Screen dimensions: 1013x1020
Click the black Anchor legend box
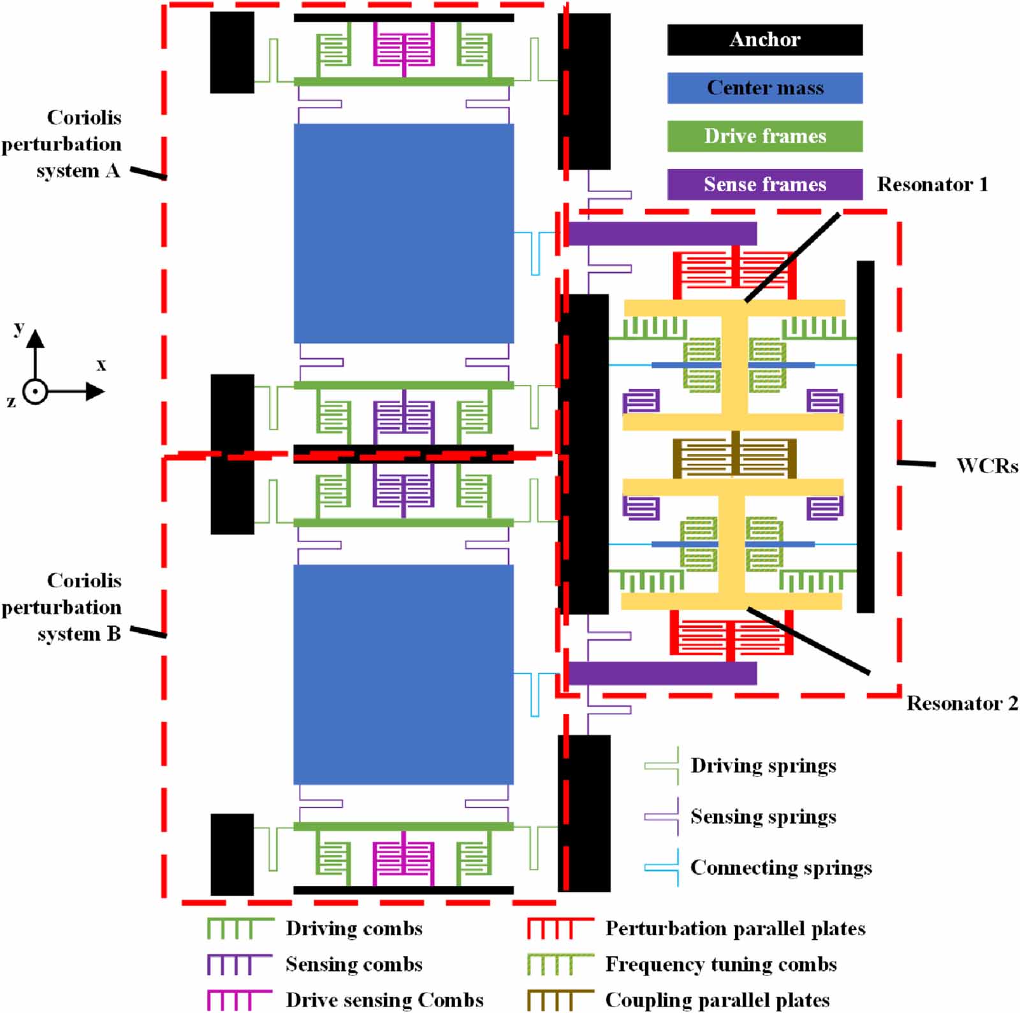(x=764, y=40)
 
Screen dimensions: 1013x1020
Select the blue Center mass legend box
(x=764, y=88)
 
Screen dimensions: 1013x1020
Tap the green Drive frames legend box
(x=764, y=136)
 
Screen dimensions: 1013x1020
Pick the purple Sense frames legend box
(x=764, y=184)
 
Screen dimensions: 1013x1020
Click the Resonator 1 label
(x=932, y=185)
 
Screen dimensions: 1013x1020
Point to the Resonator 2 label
(x=961, y=703)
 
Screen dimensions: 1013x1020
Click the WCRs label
(x=987, y=466)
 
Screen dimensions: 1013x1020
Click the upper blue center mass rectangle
(x=404, y=233)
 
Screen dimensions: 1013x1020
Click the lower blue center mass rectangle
(x=404, y=674)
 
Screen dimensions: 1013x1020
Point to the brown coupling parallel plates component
(x=734, y=458)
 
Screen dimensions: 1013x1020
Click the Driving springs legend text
(x=763, y=766)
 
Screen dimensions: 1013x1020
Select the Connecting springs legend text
(x=781, y=868)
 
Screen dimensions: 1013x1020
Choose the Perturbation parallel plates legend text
(x=735, y=928)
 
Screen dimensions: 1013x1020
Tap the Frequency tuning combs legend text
(x=721, y=964)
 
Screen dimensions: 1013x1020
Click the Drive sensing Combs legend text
(x=384, y=1000)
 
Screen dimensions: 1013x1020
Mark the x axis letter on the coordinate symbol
(x=101, y=365)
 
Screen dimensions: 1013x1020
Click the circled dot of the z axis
(x=35, y=391)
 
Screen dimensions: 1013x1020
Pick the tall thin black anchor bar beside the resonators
(x=865, y=437)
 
